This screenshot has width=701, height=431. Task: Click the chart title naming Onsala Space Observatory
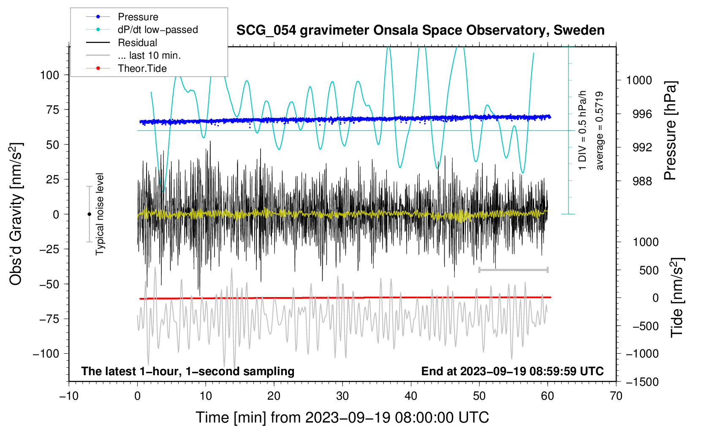[x=420, y=30]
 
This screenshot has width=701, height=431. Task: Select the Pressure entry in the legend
[x=138, y=17]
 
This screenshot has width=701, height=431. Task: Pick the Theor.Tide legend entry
[x=142, y=68]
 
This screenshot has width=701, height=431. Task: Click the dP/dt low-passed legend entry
[x=158, y=30]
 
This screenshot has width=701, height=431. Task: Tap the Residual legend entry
[x=137, y=43]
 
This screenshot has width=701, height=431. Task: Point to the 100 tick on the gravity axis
[x=49, y=75]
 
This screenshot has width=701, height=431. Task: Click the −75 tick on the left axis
[x=49, y=319]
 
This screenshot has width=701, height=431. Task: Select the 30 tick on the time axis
[x=342, y=396]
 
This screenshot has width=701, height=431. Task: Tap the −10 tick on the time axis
[x=69, y=396]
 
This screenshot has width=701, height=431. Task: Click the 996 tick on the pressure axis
[x=639, y=114]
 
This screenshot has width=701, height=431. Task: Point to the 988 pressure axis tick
[x=639, y=181]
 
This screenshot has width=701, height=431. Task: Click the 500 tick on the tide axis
[x=649, y=270]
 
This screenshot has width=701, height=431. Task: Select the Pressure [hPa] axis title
[x=671, y=131]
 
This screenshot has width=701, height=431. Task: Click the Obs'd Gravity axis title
[x=16, y=214]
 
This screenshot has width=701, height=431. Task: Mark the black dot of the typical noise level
[x=89, y=214]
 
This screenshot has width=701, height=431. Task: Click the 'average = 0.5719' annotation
[x=600, y=131]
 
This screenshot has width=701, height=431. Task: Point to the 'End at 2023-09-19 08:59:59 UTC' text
[x=512, y=371]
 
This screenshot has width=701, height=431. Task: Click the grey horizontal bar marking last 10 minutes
[x=513, y=270]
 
